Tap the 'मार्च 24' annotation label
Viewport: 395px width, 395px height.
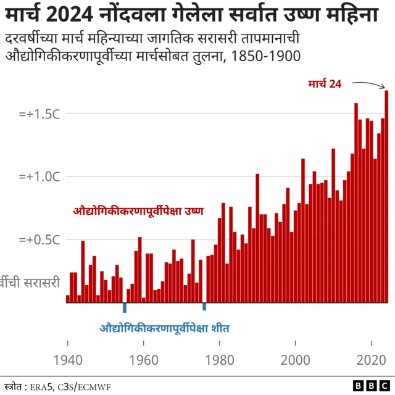[x=325, y=84]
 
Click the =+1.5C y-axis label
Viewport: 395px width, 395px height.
[x=39, y=114]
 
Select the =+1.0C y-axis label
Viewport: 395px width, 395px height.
[x=39, y=177]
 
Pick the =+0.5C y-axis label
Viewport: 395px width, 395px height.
[x=39, y=239]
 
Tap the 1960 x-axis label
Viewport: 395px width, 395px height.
[x=143, y=359]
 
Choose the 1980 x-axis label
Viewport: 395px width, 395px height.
[x=220, y=359]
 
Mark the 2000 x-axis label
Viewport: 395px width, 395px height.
[x=296, y=359]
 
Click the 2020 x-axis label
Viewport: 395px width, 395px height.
[x=372, y=359]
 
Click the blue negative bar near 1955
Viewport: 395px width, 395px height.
[x=125, y=307]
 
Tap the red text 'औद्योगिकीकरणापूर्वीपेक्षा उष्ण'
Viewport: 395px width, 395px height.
[x=147, y=211]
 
